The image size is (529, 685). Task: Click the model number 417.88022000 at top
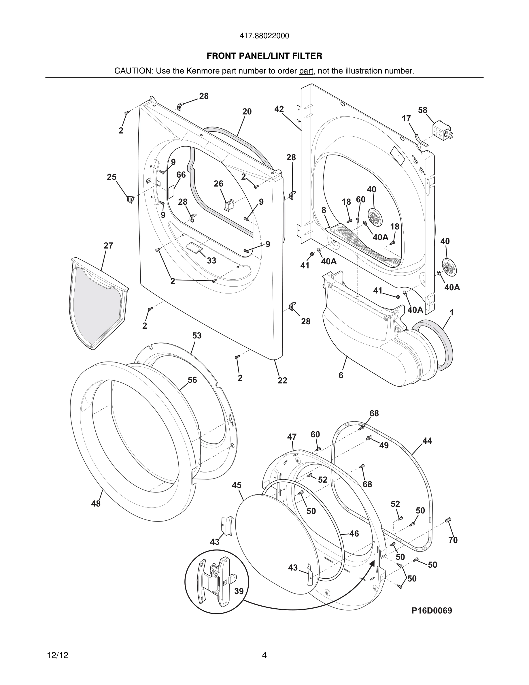pos(264,36)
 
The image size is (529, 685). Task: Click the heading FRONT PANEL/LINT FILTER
pos(264,56)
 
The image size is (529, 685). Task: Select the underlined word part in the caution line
pos(306,71)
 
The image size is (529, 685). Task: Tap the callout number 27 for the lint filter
pos(108,246)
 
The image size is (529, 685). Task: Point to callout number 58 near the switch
pos(422,110)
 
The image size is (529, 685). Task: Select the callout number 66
pos(181,175)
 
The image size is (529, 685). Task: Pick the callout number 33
pos(211,261)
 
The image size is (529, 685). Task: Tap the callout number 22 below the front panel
pos(282,381)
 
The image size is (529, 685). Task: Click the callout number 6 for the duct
pos(341,375)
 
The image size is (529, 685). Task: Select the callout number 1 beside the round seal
pos(451,313)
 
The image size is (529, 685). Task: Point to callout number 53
pos(197,336)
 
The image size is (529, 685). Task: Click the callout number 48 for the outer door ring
pos(96,504)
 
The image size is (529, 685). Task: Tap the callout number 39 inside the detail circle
pos(239,591)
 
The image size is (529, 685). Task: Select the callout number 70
pos(453,540)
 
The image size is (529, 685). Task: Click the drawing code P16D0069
pos(432,611)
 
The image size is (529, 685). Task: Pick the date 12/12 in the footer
pos(58,655)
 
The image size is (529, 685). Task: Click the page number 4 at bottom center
pos(264,655)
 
